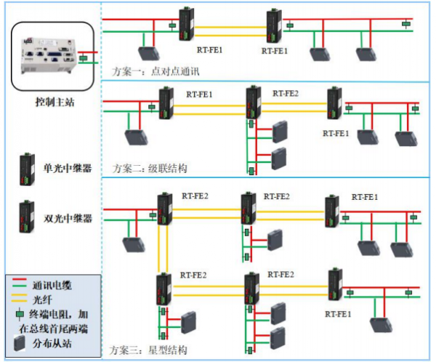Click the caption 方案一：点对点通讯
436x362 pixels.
(156, 71)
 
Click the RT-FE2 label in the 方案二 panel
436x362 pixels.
(286, 93)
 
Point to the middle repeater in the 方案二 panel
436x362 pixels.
(254, 105)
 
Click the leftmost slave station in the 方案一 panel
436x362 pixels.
(150, 53)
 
